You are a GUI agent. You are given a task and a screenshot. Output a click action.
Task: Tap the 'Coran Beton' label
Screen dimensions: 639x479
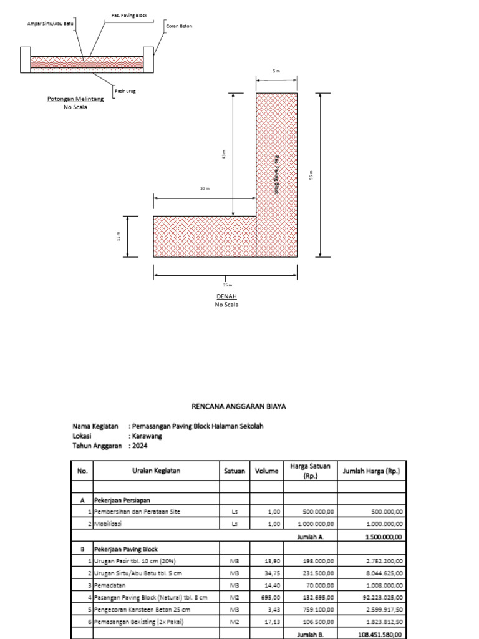click(x=180, y=26)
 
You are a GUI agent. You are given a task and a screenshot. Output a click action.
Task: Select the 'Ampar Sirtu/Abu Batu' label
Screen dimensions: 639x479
click(x=51, y=24)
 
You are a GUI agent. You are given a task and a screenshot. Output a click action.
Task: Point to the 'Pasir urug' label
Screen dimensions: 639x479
click(x=125, y=92)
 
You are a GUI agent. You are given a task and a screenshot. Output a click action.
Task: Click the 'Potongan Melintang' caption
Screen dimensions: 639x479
click(x=75, y=99)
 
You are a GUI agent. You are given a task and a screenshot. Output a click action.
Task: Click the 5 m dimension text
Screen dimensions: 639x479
click(x=276, y=71)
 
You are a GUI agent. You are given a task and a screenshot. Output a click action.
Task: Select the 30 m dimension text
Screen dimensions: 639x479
click(x=205, y=188)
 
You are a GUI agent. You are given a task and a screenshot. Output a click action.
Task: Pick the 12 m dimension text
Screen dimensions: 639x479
click(x=117, y=237)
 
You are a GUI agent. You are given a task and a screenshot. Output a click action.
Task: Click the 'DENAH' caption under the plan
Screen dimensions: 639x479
click(x=226, y=296)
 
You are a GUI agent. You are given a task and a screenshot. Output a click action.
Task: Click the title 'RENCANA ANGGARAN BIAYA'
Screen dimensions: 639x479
click(x=239, y=406)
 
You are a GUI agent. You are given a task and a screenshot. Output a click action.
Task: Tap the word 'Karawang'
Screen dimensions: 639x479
click(x=148, y=436)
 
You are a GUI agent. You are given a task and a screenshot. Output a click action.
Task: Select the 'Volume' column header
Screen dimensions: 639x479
click(x=266, y=471)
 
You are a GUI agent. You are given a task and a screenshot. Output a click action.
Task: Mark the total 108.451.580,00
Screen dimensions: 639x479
click(x=380, y=633)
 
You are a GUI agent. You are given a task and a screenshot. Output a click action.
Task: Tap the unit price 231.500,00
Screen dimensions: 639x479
click(x=318, y=573)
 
